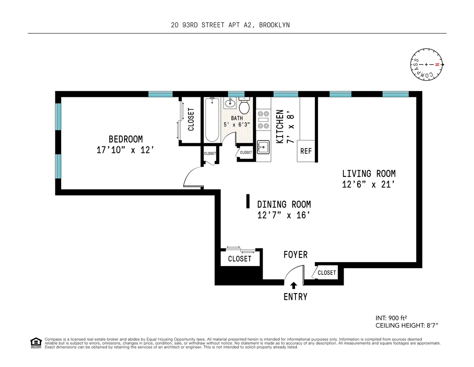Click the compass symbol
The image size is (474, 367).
[426, 64]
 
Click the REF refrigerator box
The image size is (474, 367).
[306, 151]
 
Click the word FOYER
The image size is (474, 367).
[295, 255]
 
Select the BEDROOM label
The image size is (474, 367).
[126, 139]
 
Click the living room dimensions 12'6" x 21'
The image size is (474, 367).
[369, 184]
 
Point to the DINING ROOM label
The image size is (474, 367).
[284, 204]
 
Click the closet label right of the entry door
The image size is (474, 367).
[327, 272]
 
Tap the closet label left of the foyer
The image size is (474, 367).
[240, 259]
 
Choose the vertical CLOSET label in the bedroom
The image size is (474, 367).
[191, 119]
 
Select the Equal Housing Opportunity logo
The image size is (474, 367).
[36, 343]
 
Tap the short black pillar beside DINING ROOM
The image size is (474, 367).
[248, 201]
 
